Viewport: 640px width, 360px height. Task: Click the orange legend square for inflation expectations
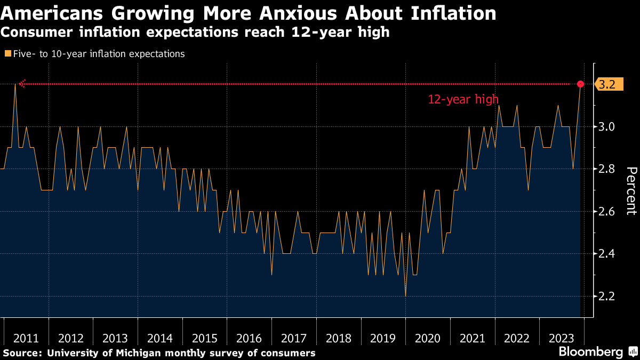click(7, 53)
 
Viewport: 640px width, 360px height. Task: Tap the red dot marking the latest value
click(581, 84)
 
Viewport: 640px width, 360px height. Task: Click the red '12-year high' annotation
click(463, 99)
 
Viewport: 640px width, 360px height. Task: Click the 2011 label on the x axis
click(26, 338)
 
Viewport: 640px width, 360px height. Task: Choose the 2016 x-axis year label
click(249, 338)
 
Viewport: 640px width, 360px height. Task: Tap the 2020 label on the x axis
click(427, 338)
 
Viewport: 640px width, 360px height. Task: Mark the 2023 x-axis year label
click(561, 338)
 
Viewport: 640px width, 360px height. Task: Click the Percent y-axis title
click(631, 190)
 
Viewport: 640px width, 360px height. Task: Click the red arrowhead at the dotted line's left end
click(22, 84)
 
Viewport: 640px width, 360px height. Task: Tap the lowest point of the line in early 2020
click(405, 295)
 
